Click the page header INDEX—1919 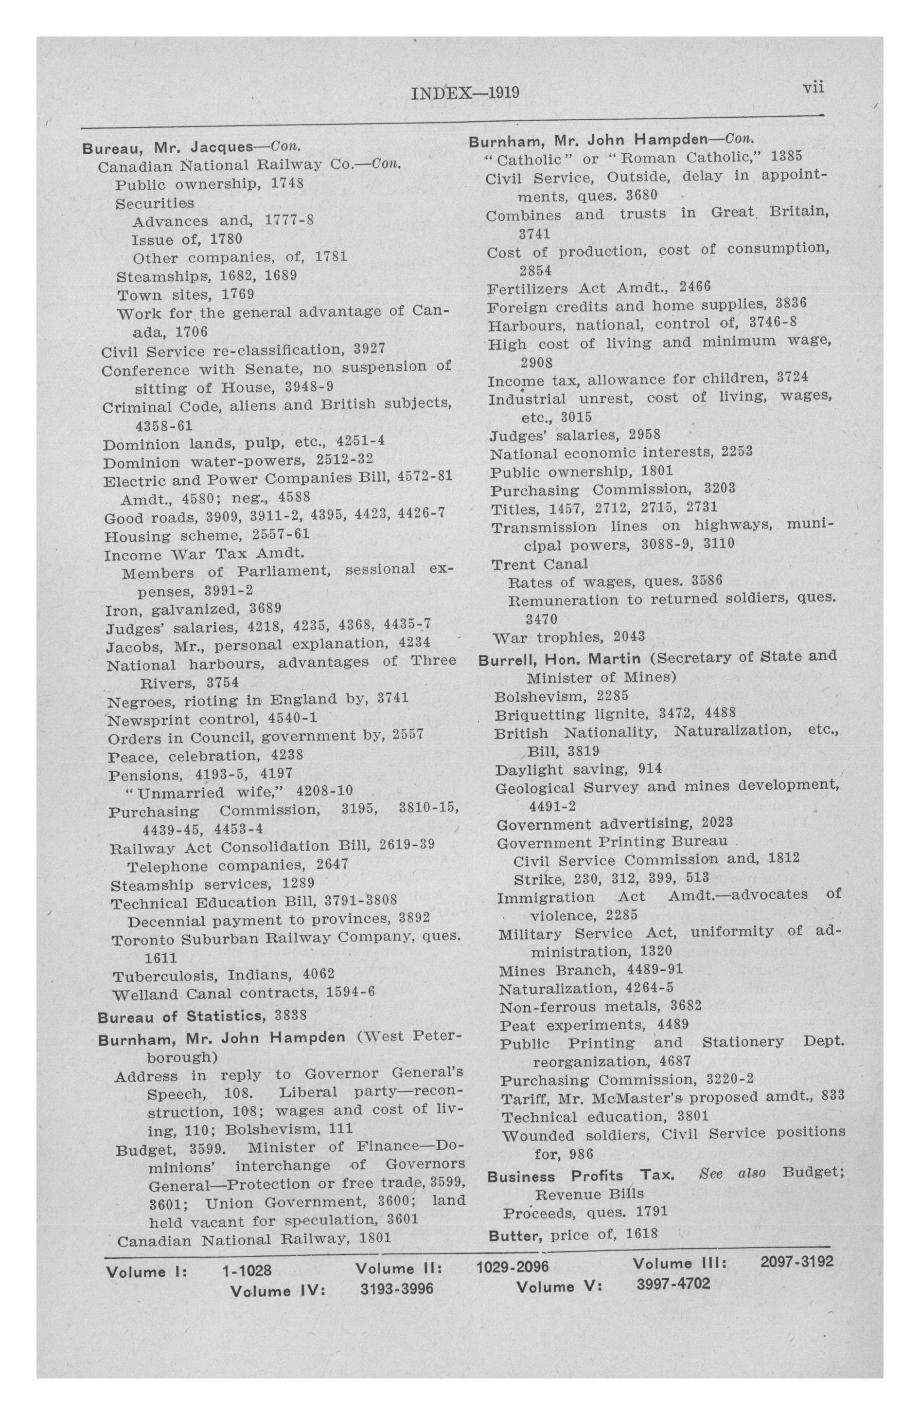pos(465,93)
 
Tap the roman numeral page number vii pos(813,88)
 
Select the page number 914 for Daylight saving pos(650,769)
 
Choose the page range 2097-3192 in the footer pos(796,1261)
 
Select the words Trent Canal pos(540,563)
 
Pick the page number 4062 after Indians pos(318,974)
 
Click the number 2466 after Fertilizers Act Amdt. pos(695,287)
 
